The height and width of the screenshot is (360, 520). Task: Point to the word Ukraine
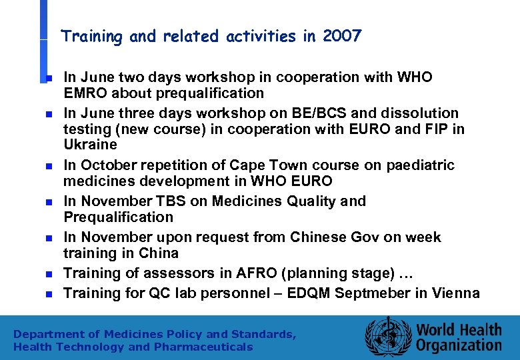coord(90,145)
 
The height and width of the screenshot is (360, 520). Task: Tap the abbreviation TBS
coord(167,201)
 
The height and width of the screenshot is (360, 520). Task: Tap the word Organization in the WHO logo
coord(459,345)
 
